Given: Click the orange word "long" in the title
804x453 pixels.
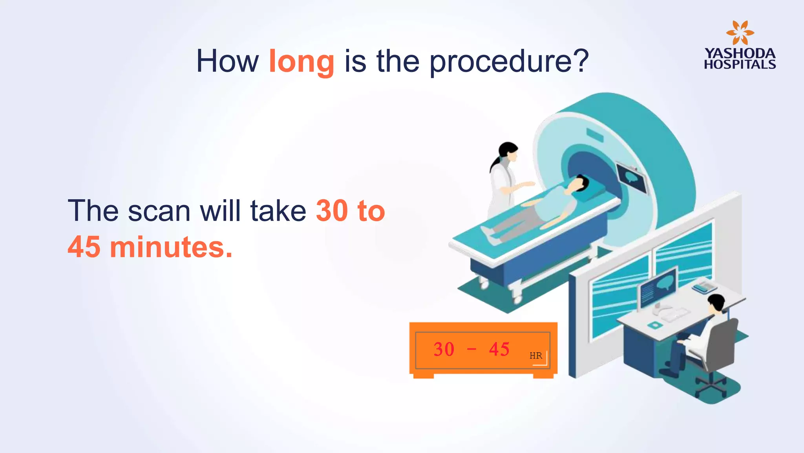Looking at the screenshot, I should (x=301, y=61).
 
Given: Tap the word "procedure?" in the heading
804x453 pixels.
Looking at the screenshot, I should (x=509, y=62).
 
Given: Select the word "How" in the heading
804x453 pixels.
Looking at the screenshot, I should (x=227, y=61).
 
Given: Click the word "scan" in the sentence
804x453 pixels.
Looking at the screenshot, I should (x=159, y=211).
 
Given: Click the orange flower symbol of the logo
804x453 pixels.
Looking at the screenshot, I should (x=740, y=33).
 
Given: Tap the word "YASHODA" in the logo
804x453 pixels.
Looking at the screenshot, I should (x=740, y=53).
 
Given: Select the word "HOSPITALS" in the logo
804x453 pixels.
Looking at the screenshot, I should (x=740, y=64).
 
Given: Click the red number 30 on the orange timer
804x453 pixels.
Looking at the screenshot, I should (x=444, y=349).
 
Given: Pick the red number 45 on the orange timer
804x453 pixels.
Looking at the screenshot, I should (x=499, y=349).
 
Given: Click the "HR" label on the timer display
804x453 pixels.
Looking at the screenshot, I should (x=535, y=356).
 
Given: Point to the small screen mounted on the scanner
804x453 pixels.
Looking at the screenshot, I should (x=632, y=178).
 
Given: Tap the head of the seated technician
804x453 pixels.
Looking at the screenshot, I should (x=717, y=304).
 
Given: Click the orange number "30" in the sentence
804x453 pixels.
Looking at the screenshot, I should (x=332, y=211).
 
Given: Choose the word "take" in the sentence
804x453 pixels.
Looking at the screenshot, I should (x=278, y=211).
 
